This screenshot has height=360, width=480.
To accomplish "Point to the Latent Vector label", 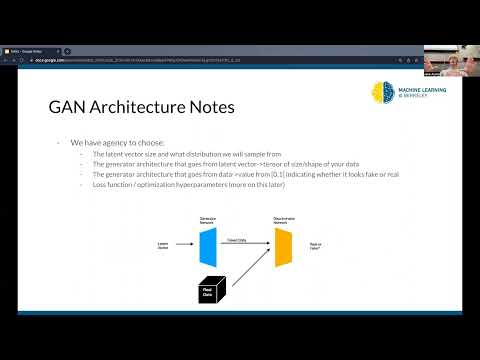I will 163,244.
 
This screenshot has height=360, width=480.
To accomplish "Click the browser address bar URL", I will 150,59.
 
